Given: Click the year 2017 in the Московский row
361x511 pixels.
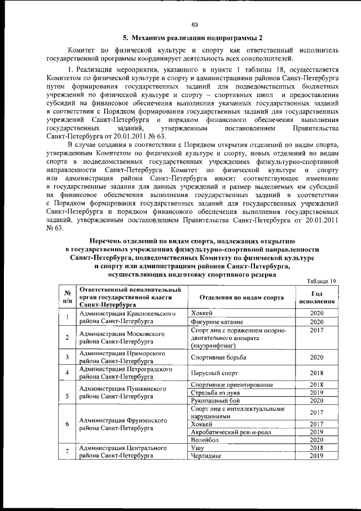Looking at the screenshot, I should coord(316,330).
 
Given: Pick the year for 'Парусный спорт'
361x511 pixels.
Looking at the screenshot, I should coord(316,373).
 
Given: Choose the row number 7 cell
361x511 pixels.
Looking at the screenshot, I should coord(67,452).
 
